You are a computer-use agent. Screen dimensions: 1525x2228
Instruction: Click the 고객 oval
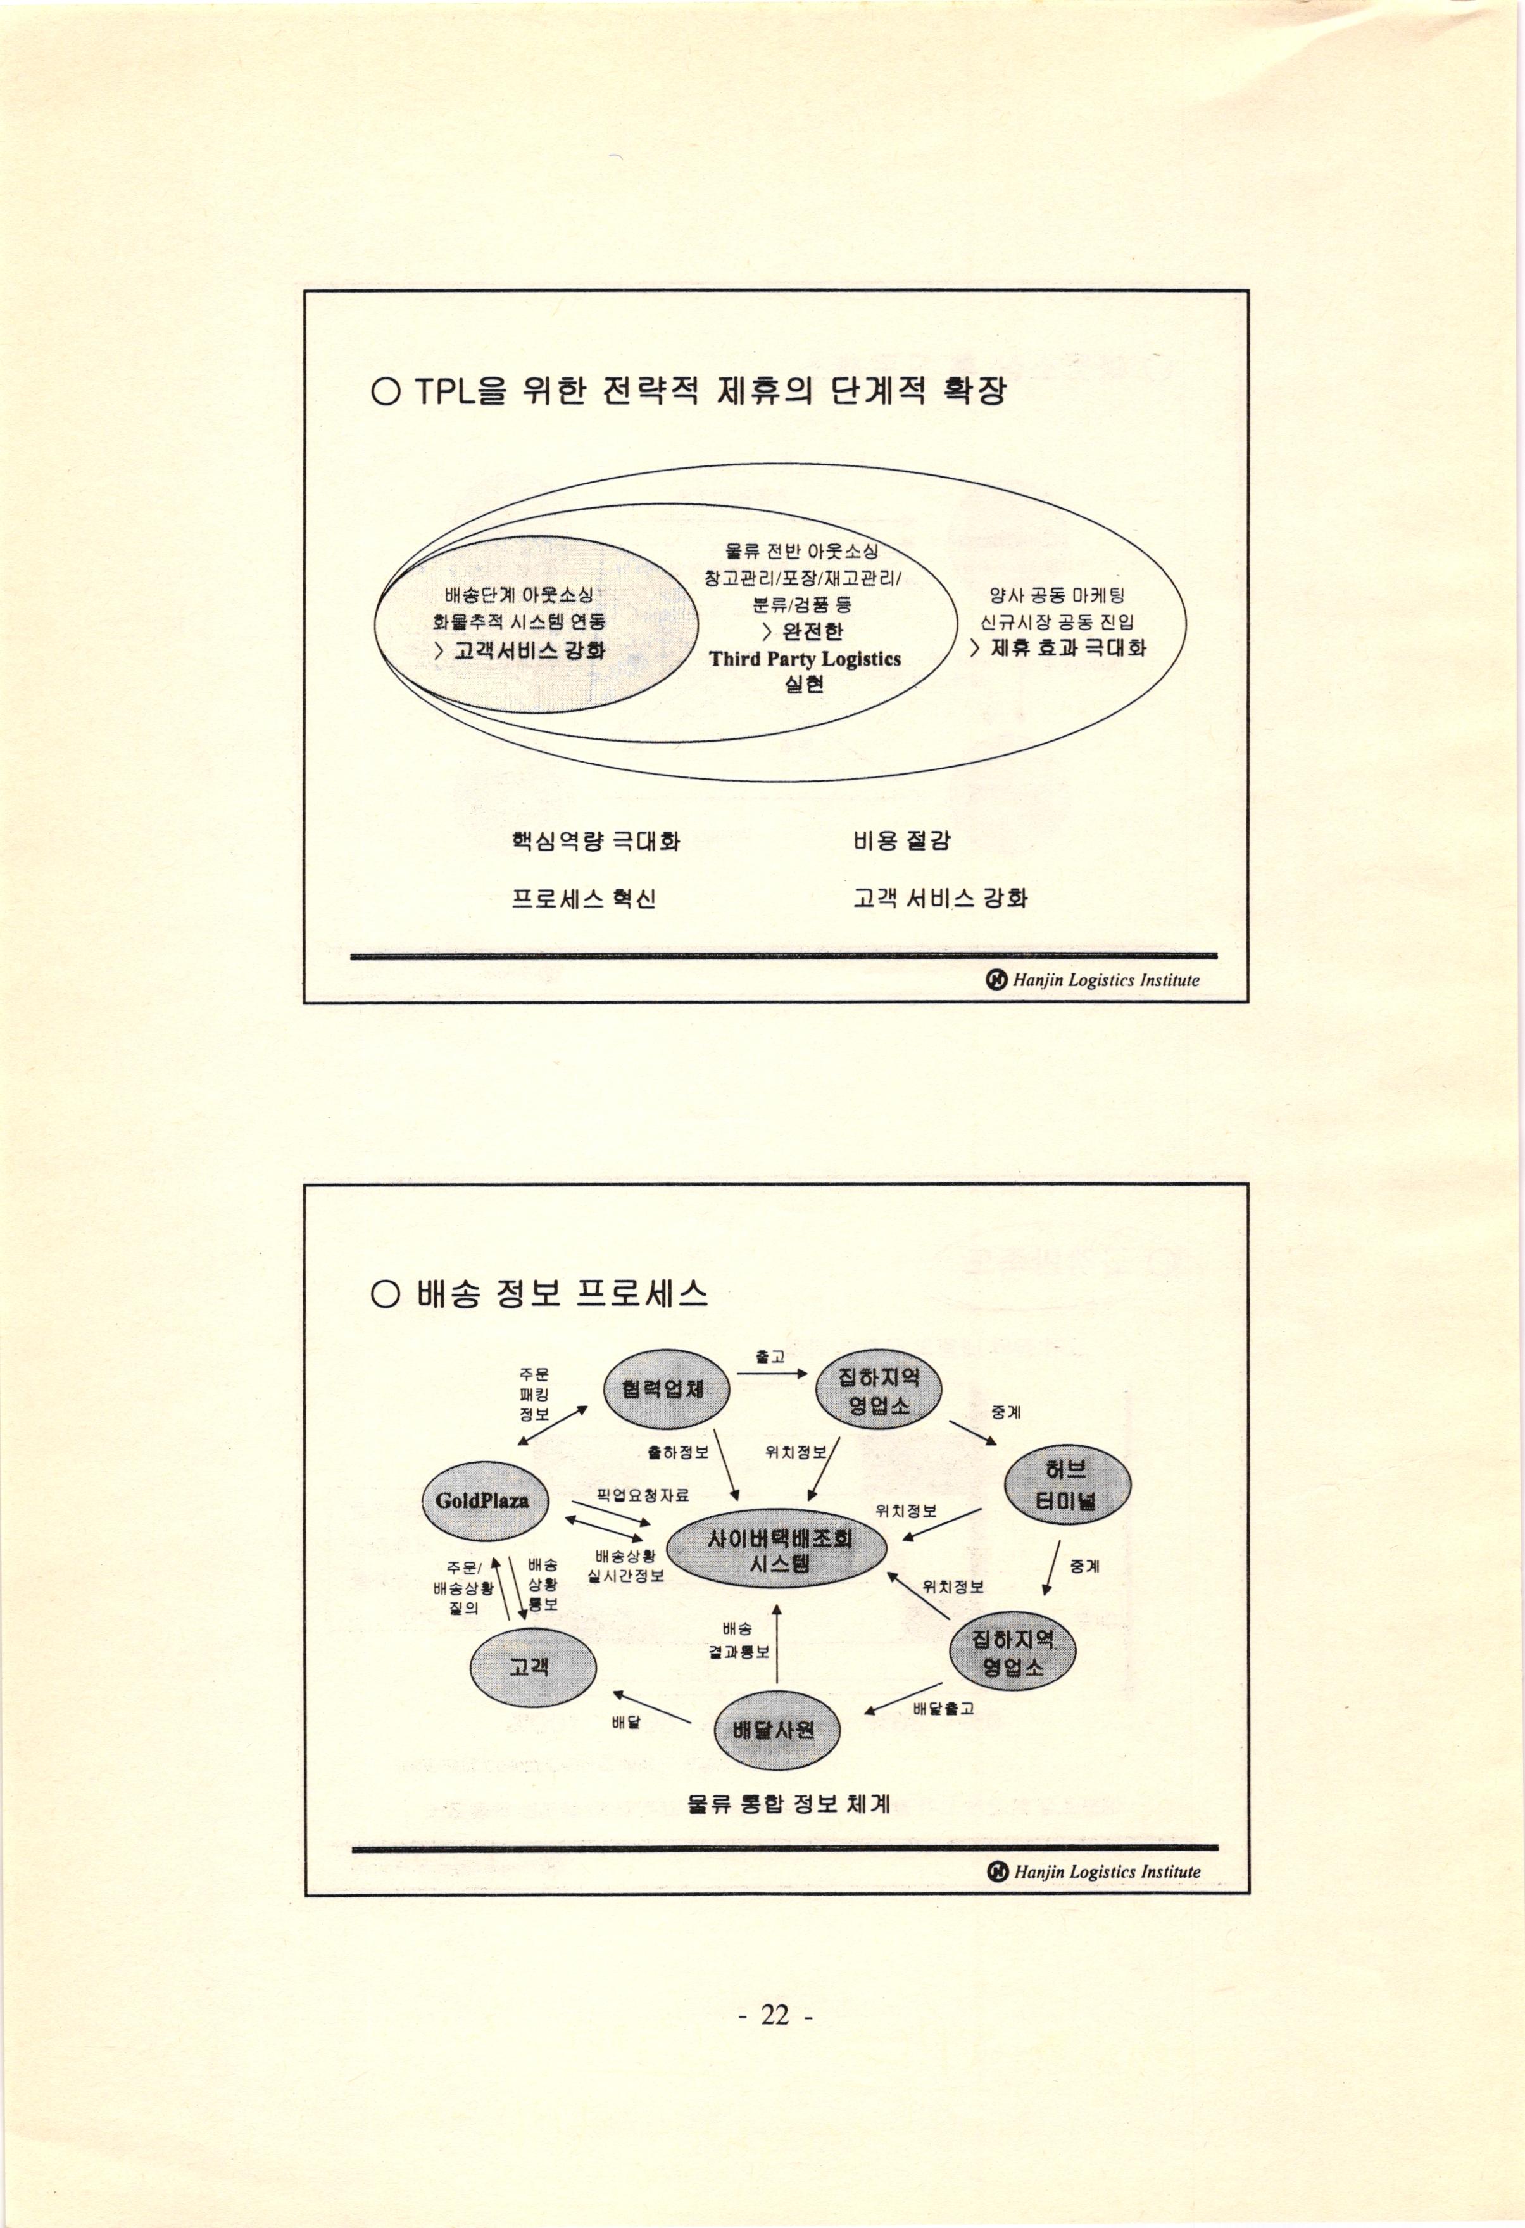531,1666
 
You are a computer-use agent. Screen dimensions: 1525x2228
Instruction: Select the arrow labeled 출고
772,1373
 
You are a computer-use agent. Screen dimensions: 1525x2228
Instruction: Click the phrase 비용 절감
901,841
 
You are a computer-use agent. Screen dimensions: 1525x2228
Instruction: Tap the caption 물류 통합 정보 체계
788,1803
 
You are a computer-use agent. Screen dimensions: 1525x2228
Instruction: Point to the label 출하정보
677,1452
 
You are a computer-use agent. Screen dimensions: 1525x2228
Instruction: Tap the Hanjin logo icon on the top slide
997,979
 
